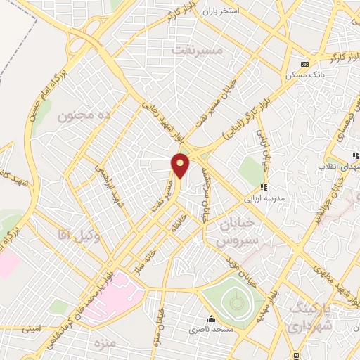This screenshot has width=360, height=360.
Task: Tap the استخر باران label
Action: click(x=219, y=12)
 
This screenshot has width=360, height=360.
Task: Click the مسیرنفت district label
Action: click(x=197, y=51)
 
